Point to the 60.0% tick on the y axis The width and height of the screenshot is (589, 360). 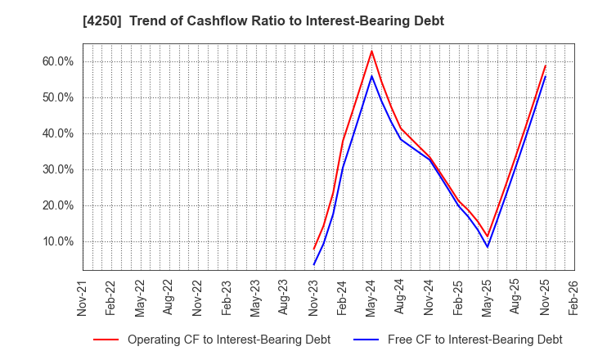(56, 61)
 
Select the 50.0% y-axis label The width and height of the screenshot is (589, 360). (56, 97)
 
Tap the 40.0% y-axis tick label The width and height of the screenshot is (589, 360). (56, 133)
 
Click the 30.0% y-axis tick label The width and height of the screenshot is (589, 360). (56, 169)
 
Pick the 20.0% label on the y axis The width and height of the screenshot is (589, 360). (56, 205)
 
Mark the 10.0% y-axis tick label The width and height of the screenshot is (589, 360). (56, 241)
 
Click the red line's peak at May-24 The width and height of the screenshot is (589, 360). (371, 51)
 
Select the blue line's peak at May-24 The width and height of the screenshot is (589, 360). (371, 76)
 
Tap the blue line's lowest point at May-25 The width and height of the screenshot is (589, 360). (487, 247)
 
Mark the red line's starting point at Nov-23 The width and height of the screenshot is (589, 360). (313, 250)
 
